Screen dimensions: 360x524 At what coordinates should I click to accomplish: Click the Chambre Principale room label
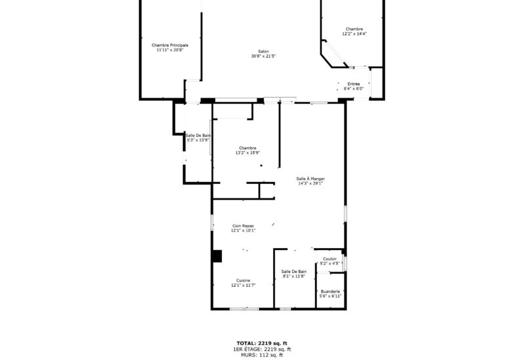pyautogui.click(x=170, y=45)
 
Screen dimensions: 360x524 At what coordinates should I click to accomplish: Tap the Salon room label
pyautogui.click(x=263, y=52)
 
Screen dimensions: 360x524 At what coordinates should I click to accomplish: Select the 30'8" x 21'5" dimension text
pyautogui.click(x=263, y=57)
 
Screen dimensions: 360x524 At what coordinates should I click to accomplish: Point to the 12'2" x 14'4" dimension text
pyautogui.click(x=354, y=34)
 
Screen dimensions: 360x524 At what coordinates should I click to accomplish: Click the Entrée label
pyautogui.click(x=354, y=84)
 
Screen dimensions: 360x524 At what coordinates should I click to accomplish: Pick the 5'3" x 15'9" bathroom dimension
pyautogui.click(x=198, y=140)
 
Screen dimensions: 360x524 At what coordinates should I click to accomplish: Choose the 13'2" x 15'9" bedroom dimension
pyautogui.click(x=248, y=153)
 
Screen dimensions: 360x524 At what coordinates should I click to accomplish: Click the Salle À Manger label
pyautogui.click(x=310, y=179)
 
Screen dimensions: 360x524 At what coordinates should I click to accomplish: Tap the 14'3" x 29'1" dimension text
pyautogui.click(x=310, y=184)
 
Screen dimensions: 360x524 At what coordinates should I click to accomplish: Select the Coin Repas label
pyautogui.click(x=243, y=226)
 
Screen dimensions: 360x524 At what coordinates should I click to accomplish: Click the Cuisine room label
pyautogui.click(x=243, y=280)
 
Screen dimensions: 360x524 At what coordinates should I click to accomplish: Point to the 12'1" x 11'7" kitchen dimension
pyautogui.click(x=243, y=285)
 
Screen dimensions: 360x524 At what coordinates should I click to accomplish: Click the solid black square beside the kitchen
pyautogui.click(x=217, y=257)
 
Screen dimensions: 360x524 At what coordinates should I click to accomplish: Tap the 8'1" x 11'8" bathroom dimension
pyautogui.click(x=294, y=276)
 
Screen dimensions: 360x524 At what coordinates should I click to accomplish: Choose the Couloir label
pyautogui.click(x=330, y=259)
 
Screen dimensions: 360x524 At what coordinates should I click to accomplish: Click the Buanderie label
pyautogui.click(x=330, y=291)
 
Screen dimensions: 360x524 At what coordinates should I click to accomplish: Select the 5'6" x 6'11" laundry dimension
pyautogui.click(x=330, y=297)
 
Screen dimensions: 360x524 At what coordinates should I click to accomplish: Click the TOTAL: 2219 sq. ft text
pyautogui.click(x=262, y=343)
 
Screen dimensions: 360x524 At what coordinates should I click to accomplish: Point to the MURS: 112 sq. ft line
pyautogui.click(x=262, y=355)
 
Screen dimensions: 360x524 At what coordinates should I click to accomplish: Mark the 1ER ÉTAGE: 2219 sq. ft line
pyautogui.click(x=262, y=349)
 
